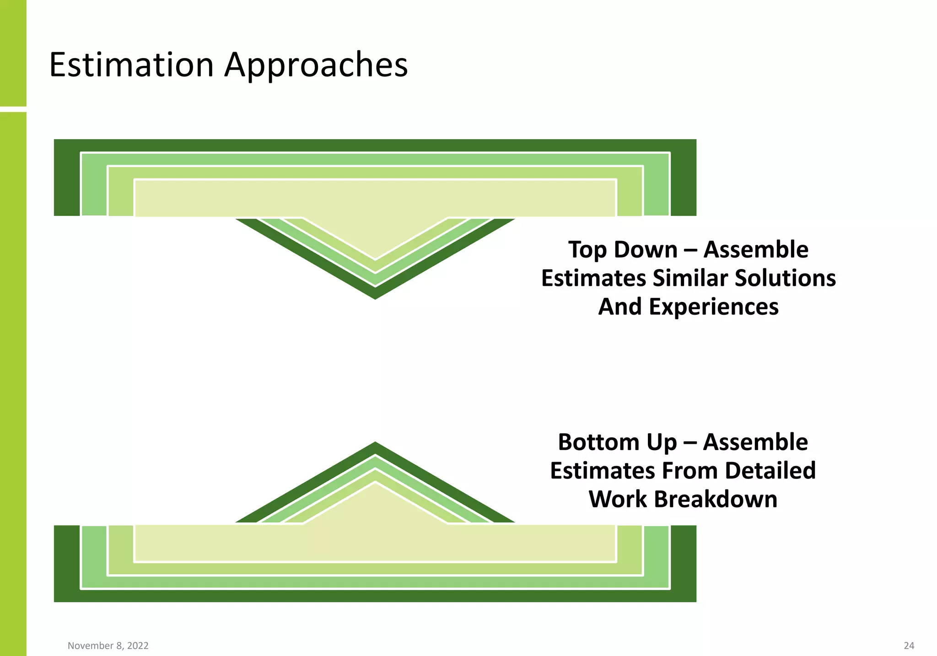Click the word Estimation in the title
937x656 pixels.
pos(131,65)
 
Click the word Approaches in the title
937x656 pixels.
pos(316,65)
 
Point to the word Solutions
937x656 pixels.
pos(785,278)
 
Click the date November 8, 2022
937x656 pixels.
pos(108,645)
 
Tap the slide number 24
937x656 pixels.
pos(909,645)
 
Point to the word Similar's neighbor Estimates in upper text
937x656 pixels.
pos(593,278)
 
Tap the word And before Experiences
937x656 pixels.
pos(620,306)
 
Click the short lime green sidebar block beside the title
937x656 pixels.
pos(13,53)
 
